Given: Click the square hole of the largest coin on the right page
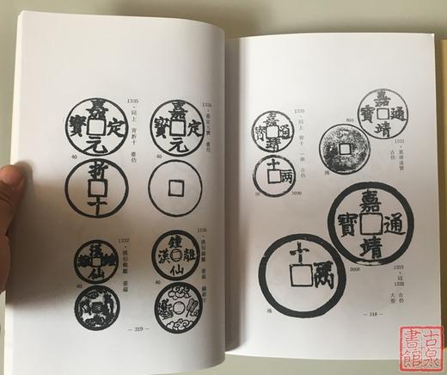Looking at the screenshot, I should pyautogui.click(x=372, y=221).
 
